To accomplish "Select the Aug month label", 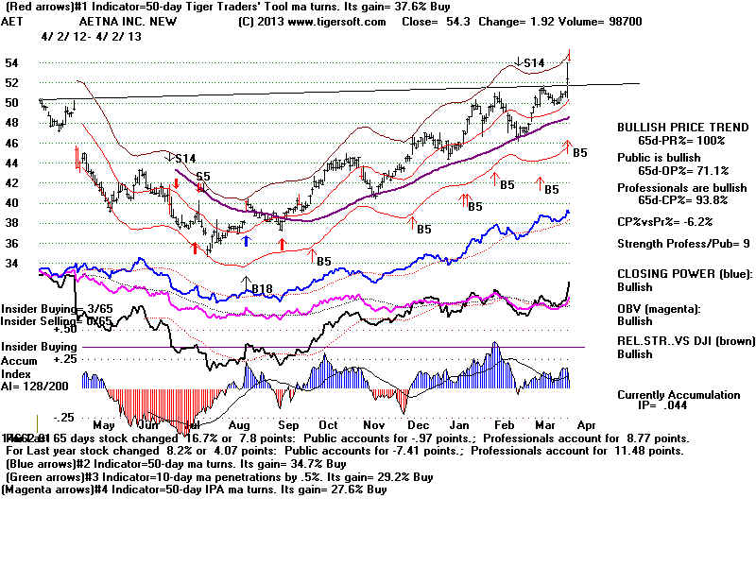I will click(238, 425).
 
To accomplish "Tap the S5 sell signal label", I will click(202, 176).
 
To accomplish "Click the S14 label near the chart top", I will click(534, 63).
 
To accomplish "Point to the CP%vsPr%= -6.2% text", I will click(664, 221).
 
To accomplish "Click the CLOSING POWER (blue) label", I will click(675, 274).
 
